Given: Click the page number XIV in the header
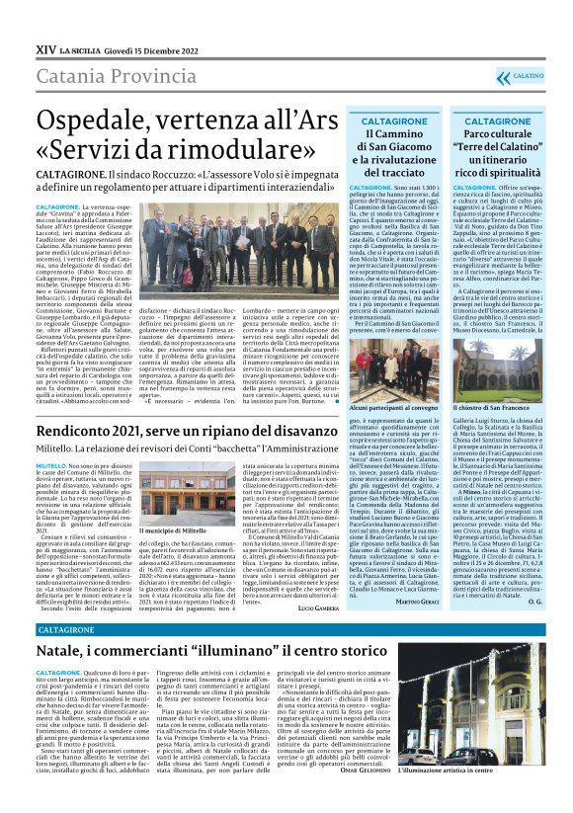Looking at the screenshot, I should click(x=44, y=47).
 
